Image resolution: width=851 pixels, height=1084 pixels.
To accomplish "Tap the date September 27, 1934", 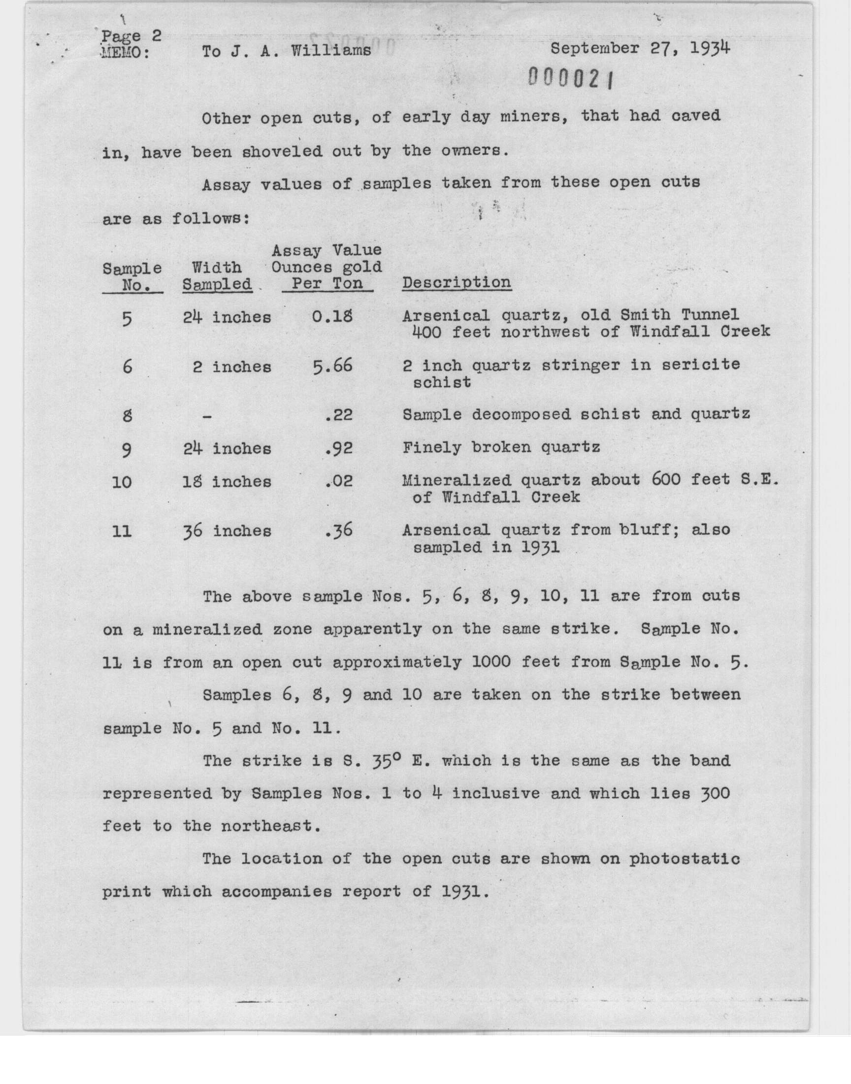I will point(640,49).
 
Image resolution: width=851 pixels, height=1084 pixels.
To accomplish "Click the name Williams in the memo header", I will point(331,51).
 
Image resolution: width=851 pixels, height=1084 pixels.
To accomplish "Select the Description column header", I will point(457,283).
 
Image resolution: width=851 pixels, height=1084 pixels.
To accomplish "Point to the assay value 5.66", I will point(332,366).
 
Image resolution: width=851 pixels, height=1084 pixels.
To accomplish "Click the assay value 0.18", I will point(332,316).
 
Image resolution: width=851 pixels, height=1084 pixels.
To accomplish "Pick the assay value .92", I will point(338,448).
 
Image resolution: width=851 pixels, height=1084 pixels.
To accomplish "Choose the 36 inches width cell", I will point(227,531).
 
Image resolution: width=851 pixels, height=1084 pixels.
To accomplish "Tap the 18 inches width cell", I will point(227,482).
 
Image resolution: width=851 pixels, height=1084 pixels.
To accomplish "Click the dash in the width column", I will point(207,416).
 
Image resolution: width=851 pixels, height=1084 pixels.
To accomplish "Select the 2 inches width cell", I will point(231,367).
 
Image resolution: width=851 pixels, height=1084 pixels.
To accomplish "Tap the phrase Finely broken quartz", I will point(501,447).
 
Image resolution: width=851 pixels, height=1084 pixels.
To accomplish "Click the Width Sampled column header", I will point(217,275).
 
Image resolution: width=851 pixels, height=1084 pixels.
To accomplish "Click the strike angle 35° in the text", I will point(381,761).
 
